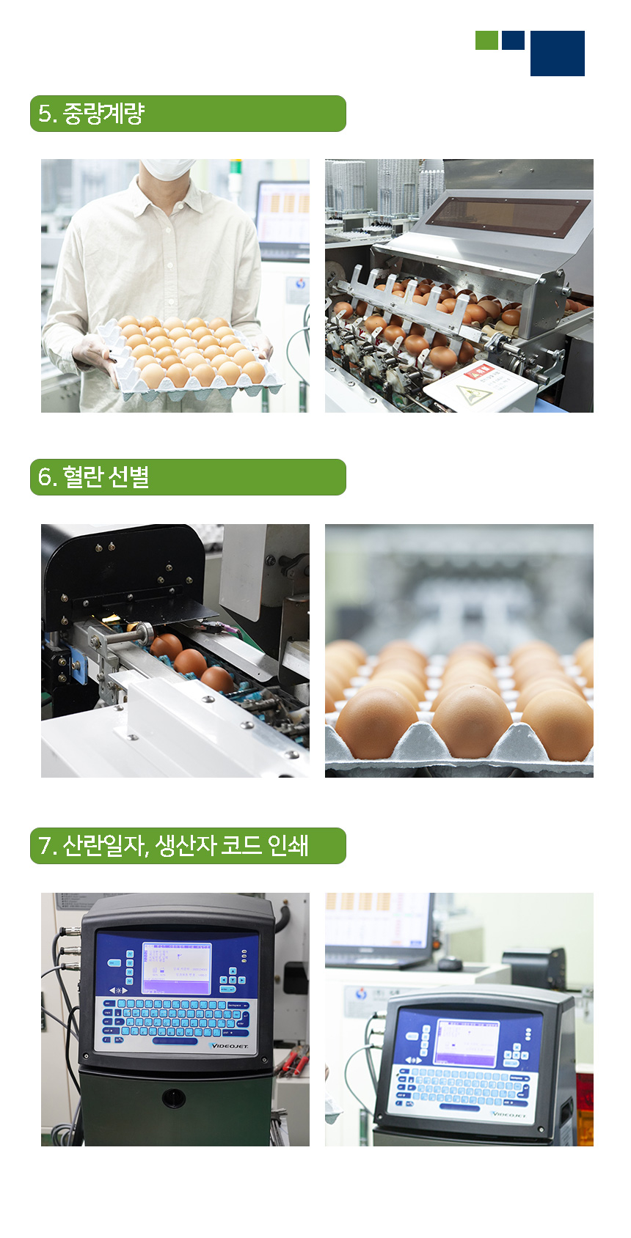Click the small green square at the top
[486, 40]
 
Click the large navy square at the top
[558, 54]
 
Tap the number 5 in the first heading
[45, 114]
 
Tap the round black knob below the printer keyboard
[174, 1097]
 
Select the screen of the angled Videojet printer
[467, 1041]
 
